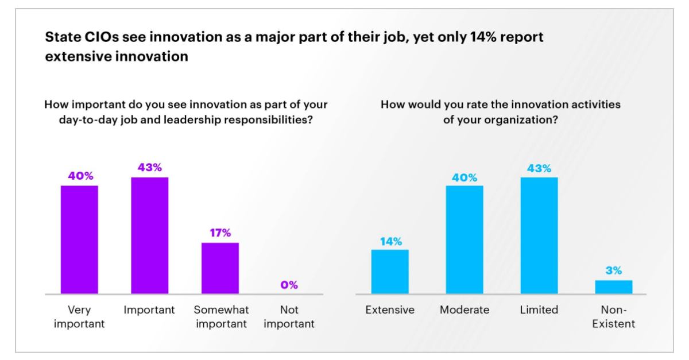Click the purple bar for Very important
[x=79, y=239]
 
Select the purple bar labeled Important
[x=149, y=235]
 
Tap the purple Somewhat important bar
[x=219, y=268]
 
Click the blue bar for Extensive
[x=390, y=272]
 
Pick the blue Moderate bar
[x=465, y=239]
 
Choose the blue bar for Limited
[x=539, y=235]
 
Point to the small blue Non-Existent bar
[x=613, y=287]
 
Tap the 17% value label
[x=219, y=233]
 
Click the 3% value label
[x=613, y=271]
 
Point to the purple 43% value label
[x=149, y=168]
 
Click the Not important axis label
[x=289, y=316]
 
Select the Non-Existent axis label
[x=613, y=316]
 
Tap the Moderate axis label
[x=465, y=310]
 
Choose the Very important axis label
[x=79, y=316]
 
